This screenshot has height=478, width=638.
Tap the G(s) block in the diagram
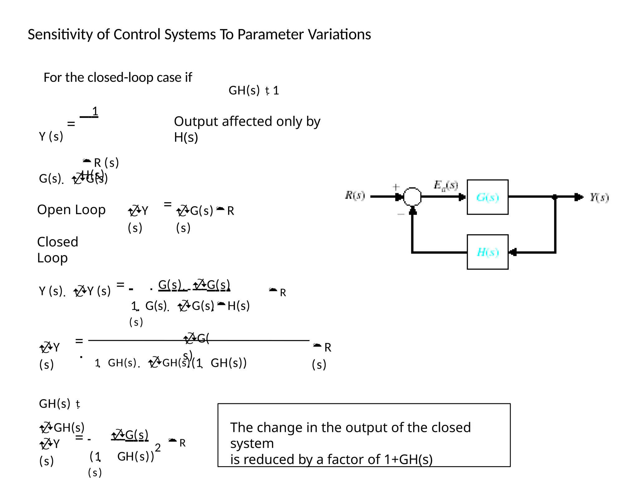488,197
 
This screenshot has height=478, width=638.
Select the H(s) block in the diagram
488,252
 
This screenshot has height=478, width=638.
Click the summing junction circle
412,197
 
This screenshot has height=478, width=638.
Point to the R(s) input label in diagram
355,195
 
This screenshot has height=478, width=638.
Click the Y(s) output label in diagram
599,197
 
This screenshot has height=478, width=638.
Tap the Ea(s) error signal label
445,185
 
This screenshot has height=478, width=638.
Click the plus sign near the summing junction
396,187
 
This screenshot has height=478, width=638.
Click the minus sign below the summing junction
401,214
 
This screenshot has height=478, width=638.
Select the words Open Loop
71,210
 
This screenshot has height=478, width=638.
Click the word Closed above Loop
58,242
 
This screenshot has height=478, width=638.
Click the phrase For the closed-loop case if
118,77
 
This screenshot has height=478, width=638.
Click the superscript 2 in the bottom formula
158,448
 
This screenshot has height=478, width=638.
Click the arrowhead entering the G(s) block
462,197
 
